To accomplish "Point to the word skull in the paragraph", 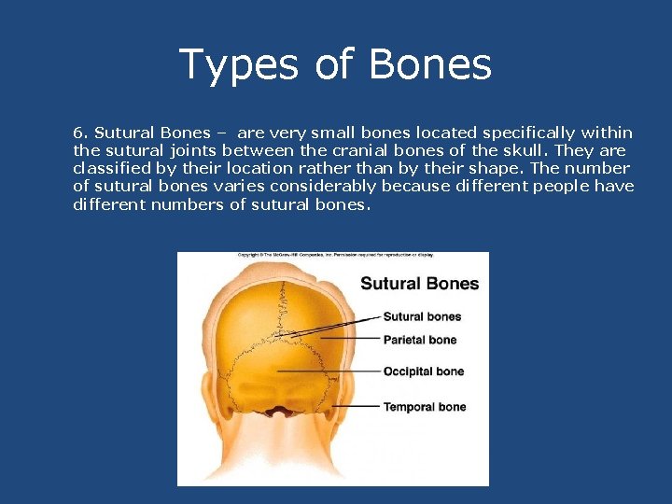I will [x=530, y=150].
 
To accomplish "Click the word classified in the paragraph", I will [x=111, y=168].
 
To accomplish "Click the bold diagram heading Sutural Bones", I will [x=419, y=284].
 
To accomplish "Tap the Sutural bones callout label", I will [x=422, y=316].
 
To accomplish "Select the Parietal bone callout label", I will [x=420, y=340].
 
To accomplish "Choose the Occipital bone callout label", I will [x=423, y=371].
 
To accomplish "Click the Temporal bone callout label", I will [x=424, y=407].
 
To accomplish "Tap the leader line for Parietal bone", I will [x=336, y=338].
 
